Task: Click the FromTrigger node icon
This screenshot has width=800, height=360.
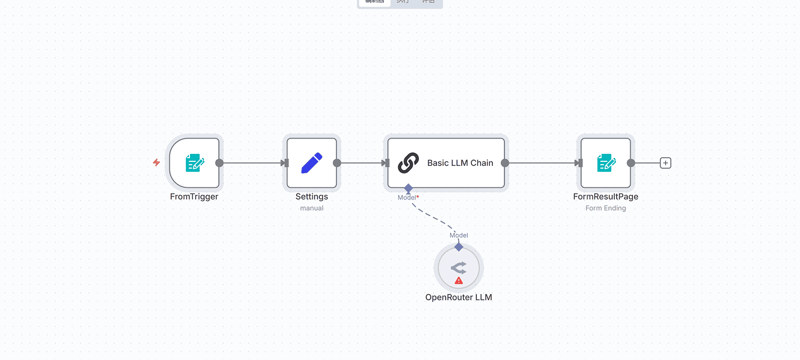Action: click(x=195, y=163)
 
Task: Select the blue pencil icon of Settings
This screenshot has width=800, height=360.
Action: click(x=312, y=163)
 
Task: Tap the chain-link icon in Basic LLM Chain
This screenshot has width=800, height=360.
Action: click(x=408, y=163)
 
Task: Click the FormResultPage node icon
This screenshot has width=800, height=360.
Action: click(x=606, y=163)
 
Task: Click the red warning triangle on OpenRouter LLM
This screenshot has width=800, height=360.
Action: click(x=459, y=281)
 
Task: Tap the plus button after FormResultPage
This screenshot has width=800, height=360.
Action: click(x=665, y=163)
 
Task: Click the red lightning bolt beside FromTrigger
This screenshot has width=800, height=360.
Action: click(x=156, y=162)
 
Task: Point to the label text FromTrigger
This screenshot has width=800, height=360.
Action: click(x=194, y=197)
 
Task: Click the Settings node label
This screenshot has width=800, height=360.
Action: click(x=311, y=197)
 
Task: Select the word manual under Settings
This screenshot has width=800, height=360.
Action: click(x=311, y=208)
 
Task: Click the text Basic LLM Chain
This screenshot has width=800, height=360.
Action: click(x=460, y=163)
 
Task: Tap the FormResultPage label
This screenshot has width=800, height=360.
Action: click(x=605, y=197)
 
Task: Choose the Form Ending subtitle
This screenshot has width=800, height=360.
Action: click(x=605, y=208)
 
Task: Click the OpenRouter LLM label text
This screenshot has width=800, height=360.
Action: click(x=458, y=297)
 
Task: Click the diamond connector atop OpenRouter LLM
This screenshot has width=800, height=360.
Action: click(x=459, y=247)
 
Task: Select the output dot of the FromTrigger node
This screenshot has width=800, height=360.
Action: click(x=220, y=163)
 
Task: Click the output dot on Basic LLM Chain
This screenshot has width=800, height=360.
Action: click(x=505, y=163)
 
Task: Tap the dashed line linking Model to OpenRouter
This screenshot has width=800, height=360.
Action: click(x=431, y=216)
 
